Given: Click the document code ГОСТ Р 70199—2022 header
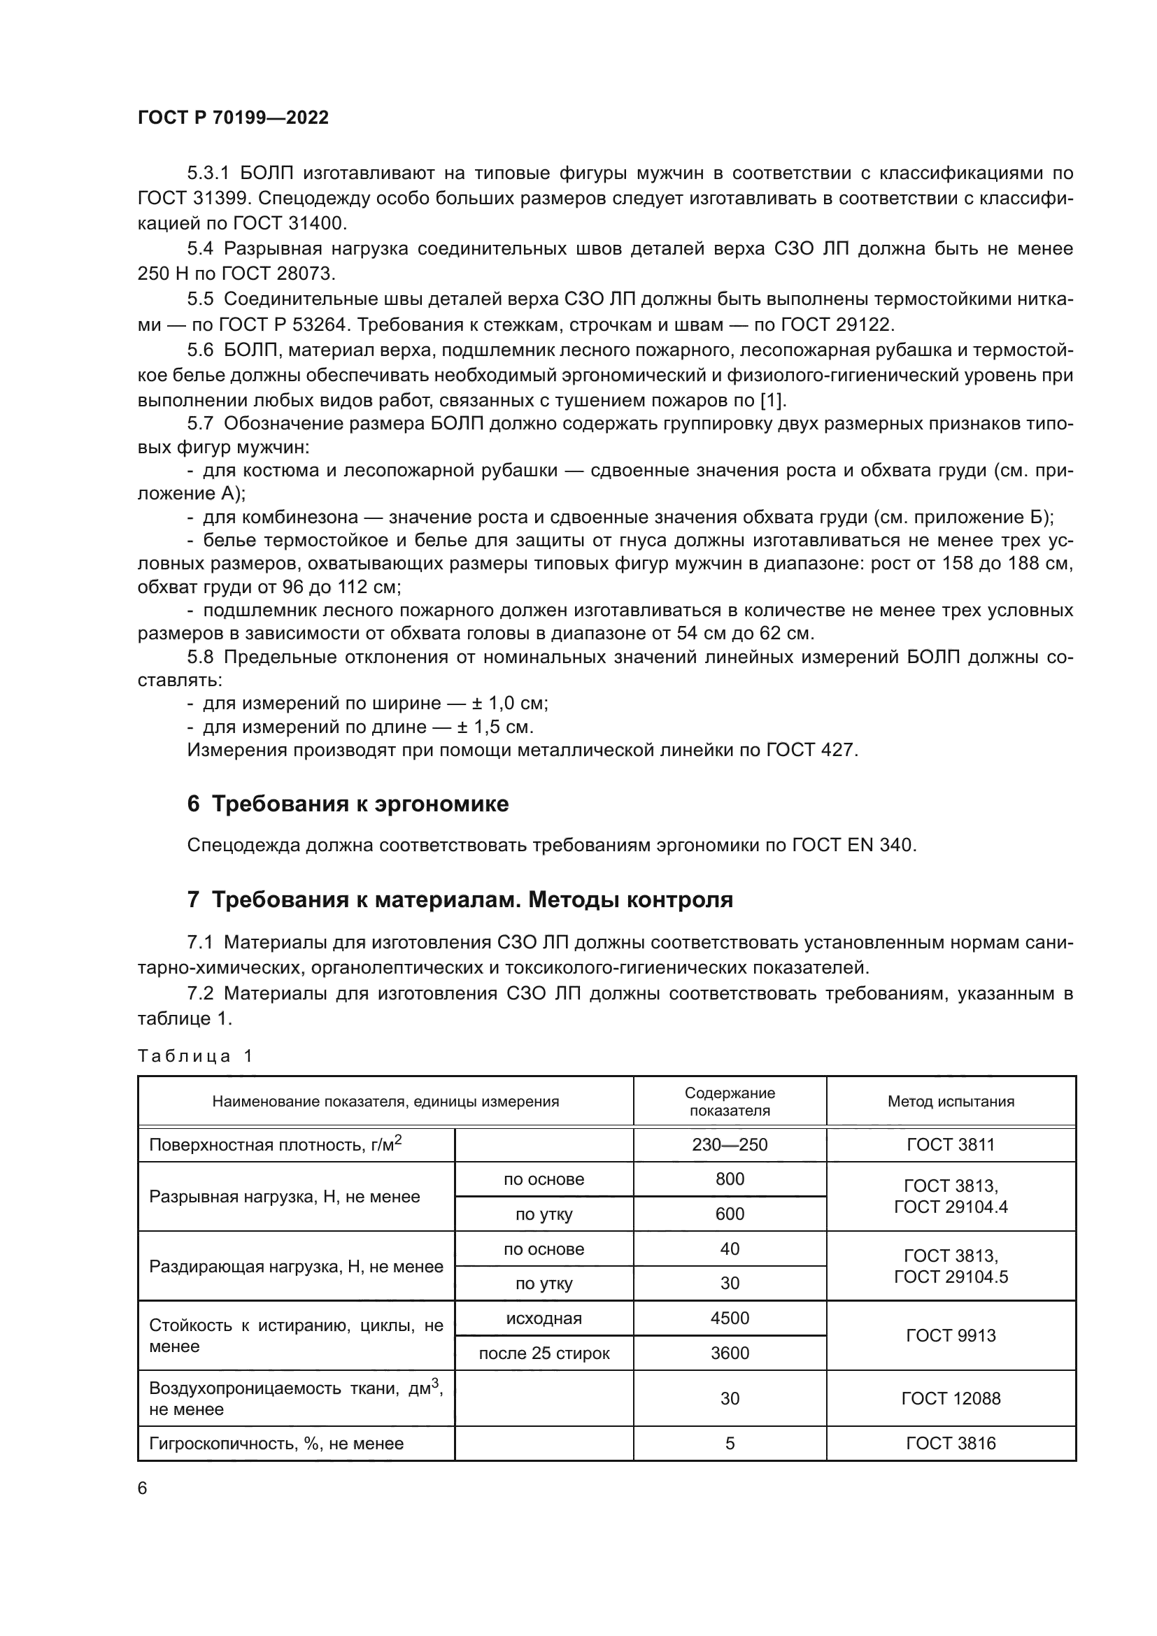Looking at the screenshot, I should (233, 118).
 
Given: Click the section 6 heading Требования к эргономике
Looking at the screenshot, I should (348, 804).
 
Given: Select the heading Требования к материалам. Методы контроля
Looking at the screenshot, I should (460, 900).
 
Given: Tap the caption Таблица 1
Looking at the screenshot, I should (195, 1056).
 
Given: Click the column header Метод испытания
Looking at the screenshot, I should (951, 1101).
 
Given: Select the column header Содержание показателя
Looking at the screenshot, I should (730, 1101).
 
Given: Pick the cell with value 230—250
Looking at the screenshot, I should (730, 1144).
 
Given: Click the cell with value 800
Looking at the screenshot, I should (730, 1179).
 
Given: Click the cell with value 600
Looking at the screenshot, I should (730, 1214).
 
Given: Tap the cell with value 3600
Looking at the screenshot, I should (730, 1353).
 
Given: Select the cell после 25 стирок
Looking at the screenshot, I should (544, 1353).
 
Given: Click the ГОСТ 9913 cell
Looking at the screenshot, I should (951, 1335).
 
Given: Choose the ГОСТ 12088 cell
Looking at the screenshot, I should (951, 1398).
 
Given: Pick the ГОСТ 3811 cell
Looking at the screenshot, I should (951, 1144).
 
